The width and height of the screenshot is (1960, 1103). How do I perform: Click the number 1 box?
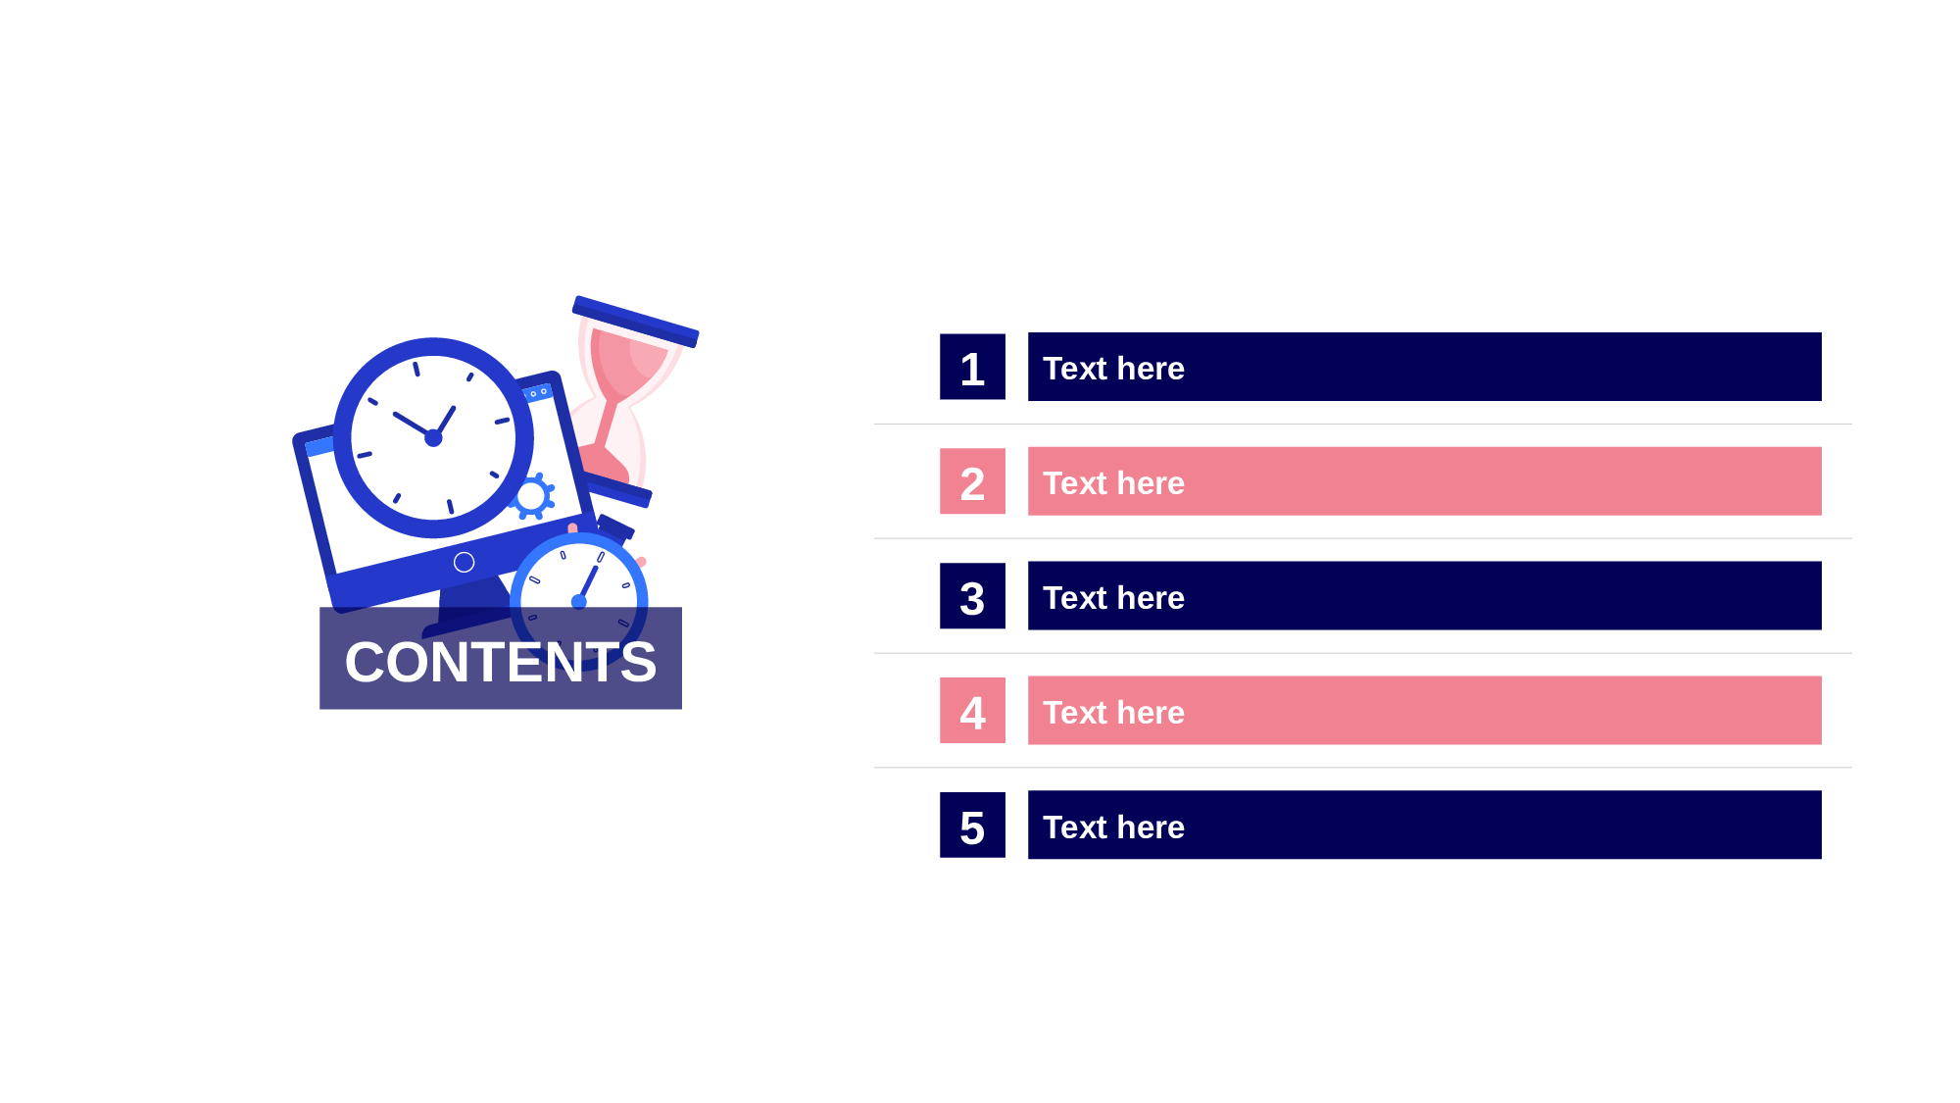[972, 367]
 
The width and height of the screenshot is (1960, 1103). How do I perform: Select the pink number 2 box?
[972, 481]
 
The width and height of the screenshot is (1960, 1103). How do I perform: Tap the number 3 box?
[972, 596]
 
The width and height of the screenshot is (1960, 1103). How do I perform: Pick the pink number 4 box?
[972, 711]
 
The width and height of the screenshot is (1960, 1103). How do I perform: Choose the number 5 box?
[972, 826]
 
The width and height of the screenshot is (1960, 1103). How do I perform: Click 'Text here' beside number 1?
[1113, 369]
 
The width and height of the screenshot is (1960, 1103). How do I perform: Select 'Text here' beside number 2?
[1113, 483]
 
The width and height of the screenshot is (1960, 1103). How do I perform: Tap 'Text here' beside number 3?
[1113, 598]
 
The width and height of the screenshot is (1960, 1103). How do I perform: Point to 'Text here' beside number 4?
[1113, 713]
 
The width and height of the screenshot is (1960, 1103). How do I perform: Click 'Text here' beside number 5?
[1113, 827]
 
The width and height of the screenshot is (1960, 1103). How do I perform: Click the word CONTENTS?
[501, 662]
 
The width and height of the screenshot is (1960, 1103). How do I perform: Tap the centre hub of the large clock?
[433, 438]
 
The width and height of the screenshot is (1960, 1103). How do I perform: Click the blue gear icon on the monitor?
[532, 497]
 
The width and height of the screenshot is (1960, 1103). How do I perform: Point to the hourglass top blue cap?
[635, 322]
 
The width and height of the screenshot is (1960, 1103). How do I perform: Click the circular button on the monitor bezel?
[465, 562]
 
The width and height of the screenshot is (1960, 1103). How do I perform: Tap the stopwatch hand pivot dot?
[579, 601]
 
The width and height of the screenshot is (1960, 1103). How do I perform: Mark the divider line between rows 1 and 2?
[1362, 425]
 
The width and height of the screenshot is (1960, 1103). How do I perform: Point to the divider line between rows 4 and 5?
[1362, 768]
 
